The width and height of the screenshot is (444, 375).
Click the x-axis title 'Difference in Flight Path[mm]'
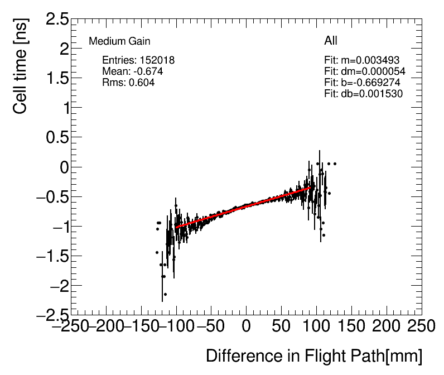coord(314,356)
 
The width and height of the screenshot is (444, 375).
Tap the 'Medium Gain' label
coord(119,41)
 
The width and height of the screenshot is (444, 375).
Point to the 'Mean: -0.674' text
coord(132,71)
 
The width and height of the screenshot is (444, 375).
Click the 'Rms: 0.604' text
coord(128,82)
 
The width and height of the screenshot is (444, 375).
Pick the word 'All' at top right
coord(331,41)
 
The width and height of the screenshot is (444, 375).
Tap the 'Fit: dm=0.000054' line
coord(364,71)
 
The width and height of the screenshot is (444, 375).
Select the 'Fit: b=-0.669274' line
coord(362,83)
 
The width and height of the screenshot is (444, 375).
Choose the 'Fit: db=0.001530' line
coord(363,94)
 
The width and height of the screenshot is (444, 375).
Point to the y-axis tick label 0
coord(62,167)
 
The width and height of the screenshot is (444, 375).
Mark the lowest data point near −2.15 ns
coord(165,294)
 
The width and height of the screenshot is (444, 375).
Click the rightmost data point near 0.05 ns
coord(335,164)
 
